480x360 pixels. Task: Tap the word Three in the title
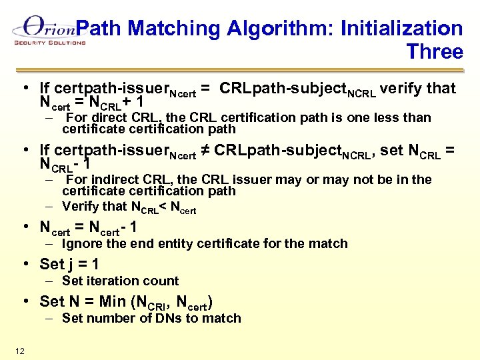(x=435, y=52)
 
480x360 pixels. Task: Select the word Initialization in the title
(x=401, y=29)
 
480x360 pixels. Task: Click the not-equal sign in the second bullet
(x=206, y=151)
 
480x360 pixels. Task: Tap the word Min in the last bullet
(x=115, y=301)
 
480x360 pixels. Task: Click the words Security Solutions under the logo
(x=50, y=43)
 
